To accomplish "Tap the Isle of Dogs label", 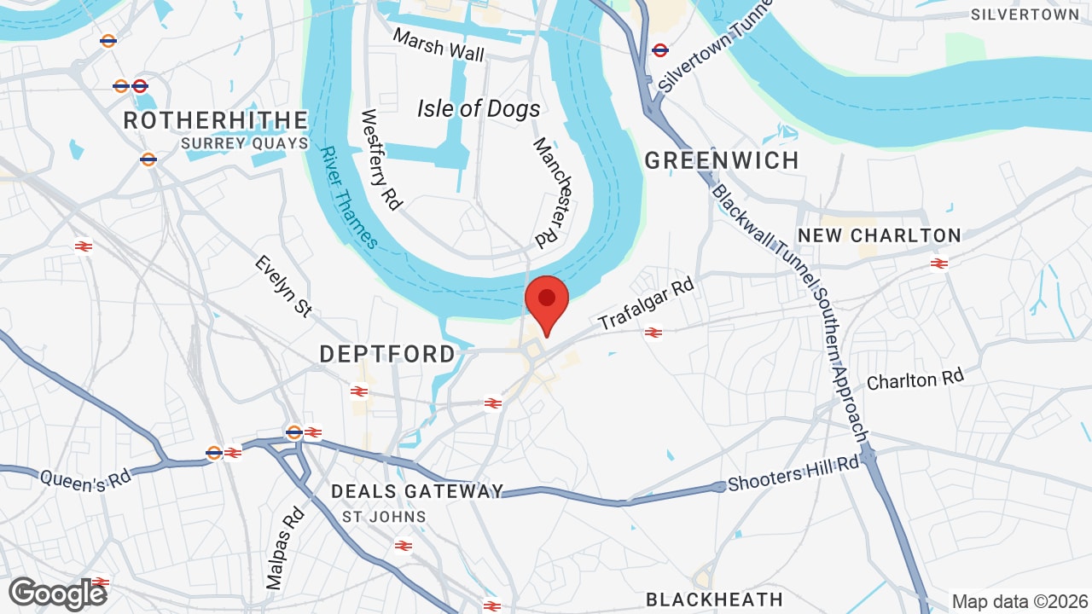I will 479,108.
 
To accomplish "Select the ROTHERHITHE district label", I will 215,120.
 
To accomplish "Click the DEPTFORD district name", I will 387,354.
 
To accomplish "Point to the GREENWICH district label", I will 722,160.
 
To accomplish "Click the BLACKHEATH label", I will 714,599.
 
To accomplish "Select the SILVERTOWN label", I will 1025,14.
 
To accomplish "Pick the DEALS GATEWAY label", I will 417,491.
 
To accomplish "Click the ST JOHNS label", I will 384,517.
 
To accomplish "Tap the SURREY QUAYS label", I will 244,144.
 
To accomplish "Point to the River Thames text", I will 349,198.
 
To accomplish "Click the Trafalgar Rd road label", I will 647,303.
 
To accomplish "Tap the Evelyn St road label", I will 283,286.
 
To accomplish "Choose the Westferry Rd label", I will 381,159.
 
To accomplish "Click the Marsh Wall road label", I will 439,44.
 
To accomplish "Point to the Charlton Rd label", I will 915,380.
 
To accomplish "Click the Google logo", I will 57,594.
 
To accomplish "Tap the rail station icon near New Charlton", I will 939,264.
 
